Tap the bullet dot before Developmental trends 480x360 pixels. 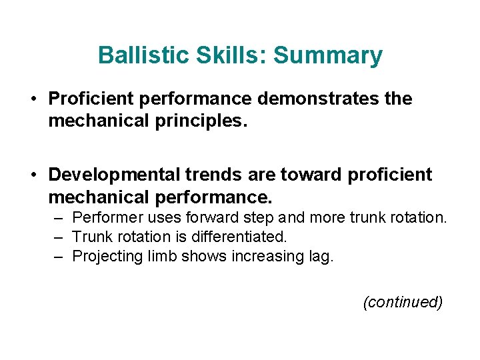(33, 175)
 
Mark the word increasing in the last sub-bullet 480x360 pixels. (267, 256)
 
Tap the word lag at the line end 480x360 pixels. (319, 256)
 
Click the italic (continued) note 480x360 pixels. (402, 302)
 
